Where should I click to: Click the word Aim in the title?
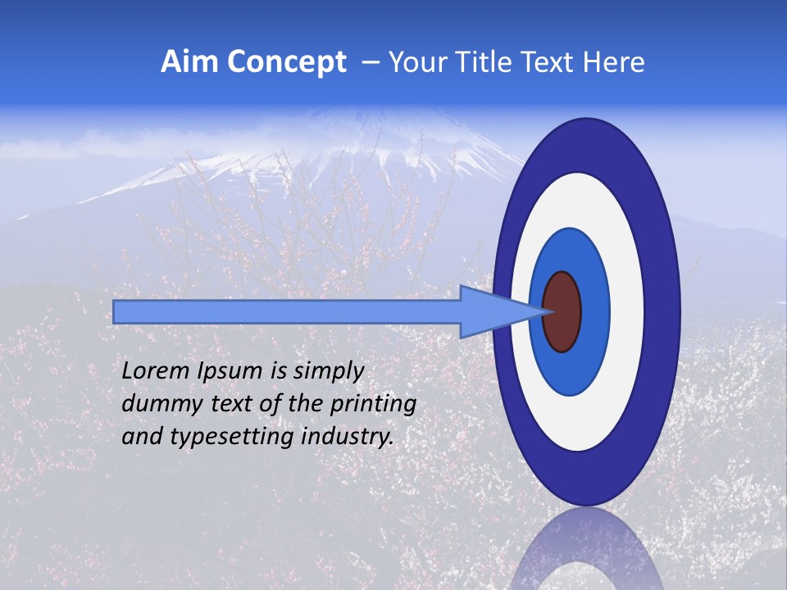coord(189,62)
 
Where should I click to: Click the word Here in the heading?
coord(613,62)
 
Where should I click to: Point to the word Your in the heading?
coord(419,62)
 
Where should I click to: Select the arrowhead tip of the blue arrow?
coord(548,311)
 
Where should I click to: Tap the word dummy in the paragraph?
coord(155,404)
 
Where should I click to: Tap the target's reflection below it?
coord(586,549)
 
